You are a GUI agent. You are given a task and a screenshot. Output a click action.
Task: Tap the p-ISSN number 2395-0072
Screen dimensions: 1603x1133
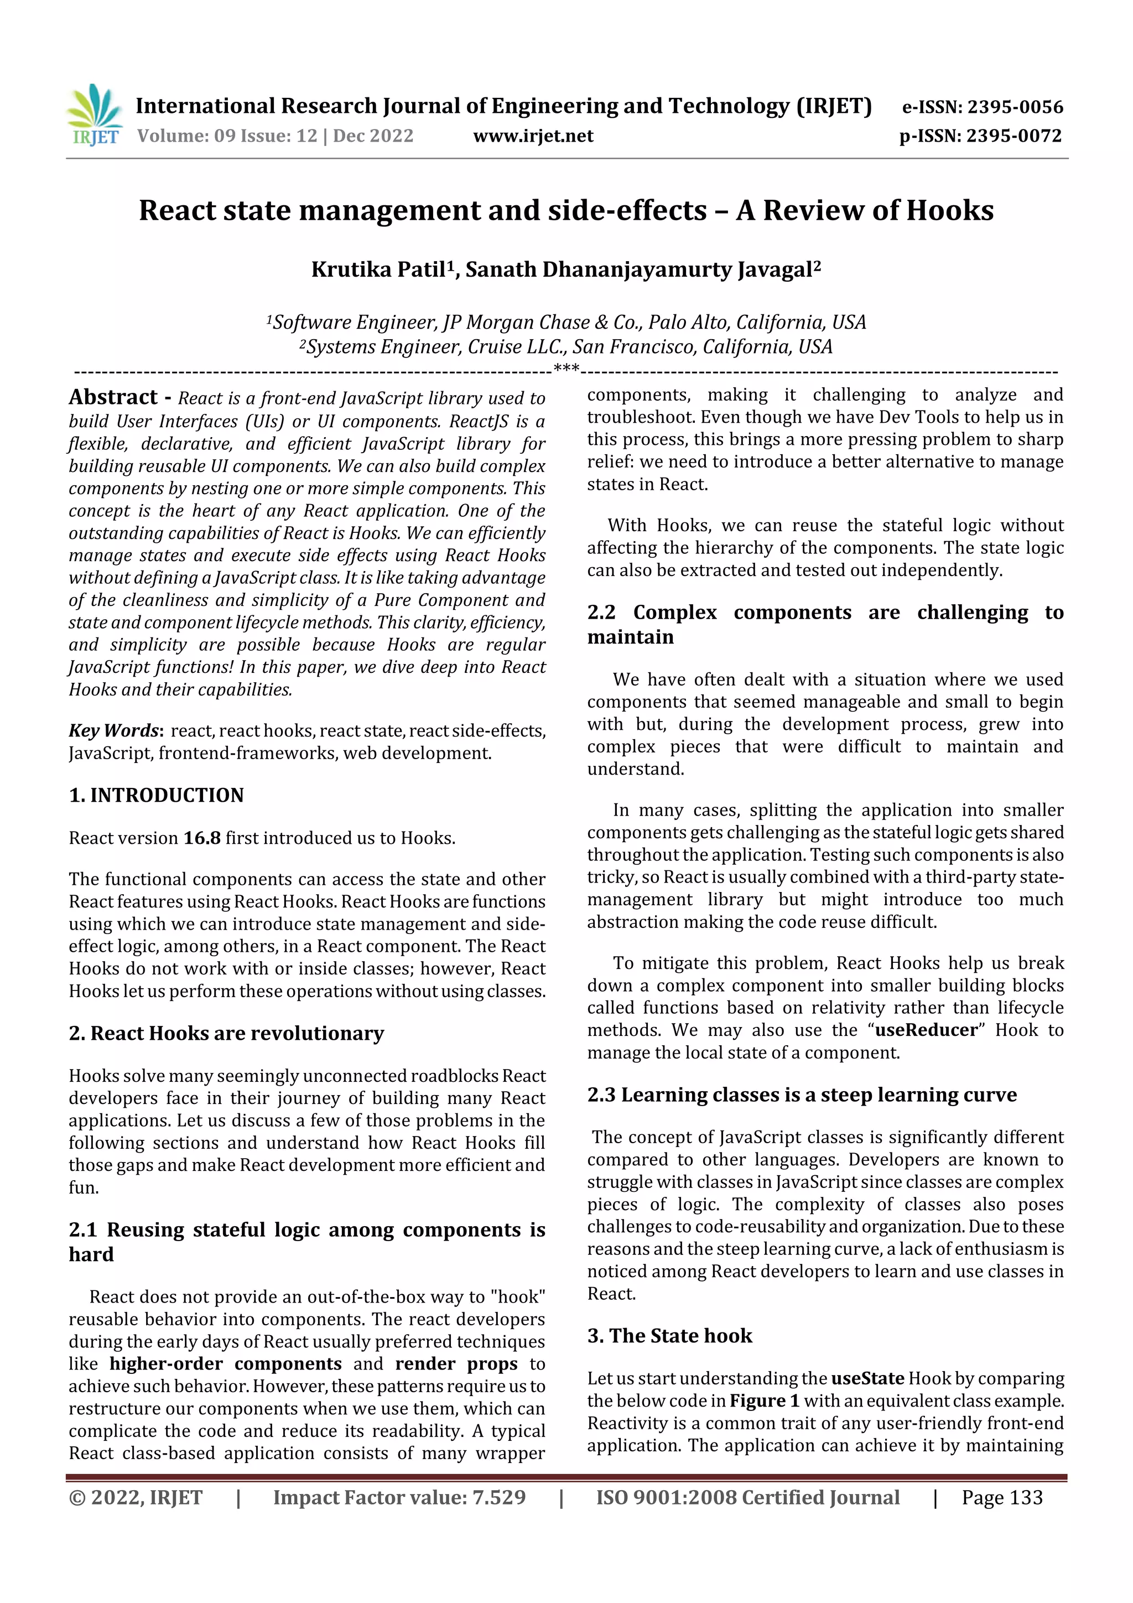(x=1014, y=136)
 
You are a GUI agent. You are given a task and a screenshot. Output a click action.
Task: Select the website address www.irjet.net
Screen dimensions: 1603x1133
(x=533, y=136)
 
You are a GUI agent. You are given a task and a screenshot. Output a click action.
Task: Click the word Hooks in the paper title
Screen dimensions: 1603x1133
(x=950, y=210)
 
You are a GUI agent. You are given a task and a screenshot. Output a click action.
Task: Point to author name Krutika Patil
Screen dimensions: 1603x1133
(x=378, y=269)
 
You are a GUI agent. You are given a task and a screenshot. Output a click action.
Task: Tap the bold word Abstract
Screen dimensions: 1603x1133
(x=113, y=397)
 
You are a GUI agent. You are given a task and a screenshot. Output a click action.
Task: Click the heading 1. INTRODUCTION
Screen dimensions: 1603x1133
(x=157, y=795)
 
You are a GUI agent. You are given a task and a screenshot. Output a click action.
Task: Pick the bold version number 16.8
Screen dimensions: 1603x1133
(x=202, y=838)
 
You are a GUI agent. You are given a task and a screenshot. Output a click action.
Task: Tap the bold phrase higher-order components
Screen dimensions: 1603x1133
(x=226, y=1363)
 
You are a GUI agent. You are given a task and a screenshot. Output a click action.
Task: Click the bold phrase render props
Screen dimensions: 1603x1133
(x=456, y=1363)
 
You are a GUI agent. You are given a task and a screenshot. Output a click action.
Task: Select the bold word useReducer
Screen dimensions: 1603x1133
(x=926, y=1030)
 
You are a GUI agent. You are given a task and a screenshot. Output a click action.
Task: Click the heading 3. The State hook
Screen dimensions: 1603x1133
(x=669, y=1336)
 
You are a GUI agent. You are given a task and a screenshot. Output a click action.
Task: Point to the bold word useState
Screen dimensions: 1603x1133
(x=867, y=1378)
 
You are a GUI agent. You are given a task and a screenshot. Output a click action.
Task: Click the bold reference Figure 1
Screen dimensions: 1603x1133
(x=765, y=1400)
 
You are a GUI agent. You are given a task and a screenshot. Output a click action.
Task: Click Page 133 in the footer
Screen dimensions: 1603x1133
(x=1002, y=1497)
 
